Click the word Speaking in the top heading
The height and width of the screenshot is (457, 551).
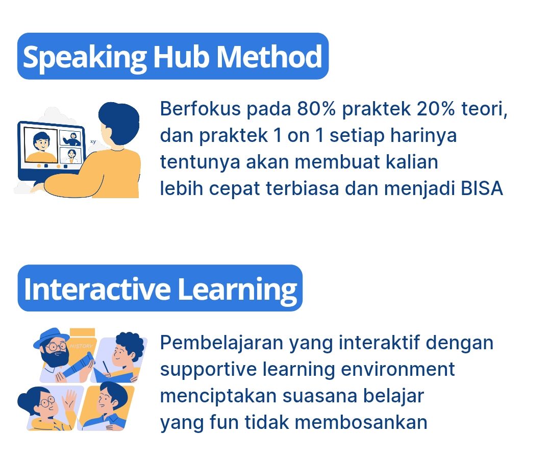point(84,58)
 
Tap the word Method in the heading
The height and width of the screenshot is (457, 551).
point(269,56)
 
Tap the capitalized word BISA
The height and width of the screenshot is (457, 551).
point(482,188)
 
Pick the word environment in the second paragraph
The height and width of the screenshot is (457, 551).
point(398,369)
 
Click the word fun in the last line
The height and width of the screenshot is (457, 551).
point(224,422)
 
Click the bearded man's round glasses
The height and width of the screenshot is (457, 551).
point(56,347)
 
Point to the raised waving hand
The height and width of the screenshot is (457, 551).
point(69,399)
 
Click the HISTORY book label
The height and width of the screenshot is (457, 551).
point(82,346)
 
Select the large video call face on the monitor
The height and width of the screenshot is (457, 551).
point(41,143)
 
